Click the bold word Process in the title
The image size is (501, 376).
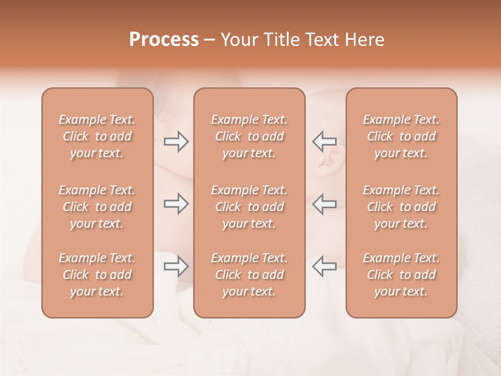pyautogui.click(x=164, y=40)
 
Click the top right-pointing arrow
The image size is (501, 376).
pyautogui.click(x=176, y=142)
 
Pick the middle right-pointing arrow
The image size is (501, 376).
pyautogui.click(x=176, y=204)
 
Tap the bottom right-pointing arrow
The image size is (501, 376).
pyautogui.click(x=176, y=266)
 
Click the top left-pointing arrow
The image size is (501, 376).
pyautogui.click(x=325, y=142)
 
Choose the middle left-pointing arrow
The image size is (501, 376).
pyautogui.click(x=325, y=204)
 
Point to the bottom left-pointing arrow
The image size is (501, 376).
pyautogui.click(x=325, y=266)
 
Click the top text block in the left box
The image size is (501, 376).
pyautogui.click(x=97, y=136)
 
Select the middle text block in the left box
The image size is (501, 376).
pyautogui.click(x=97, y=207)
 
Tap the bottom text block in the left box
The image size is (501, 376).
pyautogui.click(x=97, y=275)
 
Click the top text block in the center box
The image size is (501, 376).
pyautogui.click(x=249, y=136)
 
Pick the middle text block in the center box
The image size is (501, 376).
pyautogui.click(x=249, y=207)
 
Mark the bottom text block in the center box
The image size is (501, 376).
pyautogui.click(x=249, y=275)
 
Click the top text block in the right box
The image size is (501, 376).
pyautogui.click(x=401, y=136)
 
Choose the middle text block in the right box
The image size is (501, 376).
pyautogui.click(x=401, y=207)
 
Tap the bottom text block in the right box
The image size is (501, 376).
pyautogui.click(x=401, y=275)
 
